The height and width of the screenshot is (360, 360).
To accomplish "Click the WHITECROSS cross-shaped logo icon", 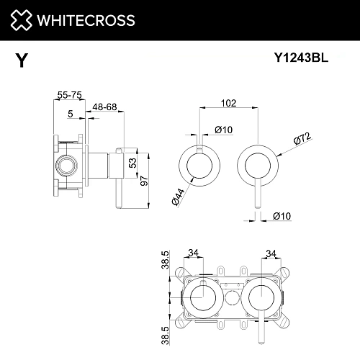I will pyautogui.click(x=20, y=19).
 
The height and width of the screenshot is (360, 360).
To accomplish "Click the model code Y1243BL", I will pyautogui.click(x=303, y=60).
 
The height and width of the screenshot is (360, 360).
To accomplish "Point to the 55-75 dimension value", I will pyautogui.click(x=68, y=94).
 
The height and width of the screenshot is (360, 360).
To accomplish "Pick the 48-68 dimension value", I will pyautogui.click(x=105, y=107).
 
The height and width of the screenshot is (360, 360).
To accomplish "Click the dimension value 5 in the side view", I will pyautogui.click(x=70, y=113).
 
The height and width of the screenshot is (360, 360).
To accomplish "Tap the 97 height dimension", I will pyautogui.click(x=144, y=180).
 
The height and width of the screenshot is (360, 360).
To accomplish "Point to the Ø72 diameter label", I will pyautogui.click(x=301, y=137).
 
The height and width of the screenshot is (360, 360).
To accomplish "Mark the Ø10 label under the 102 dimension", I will pyautogui.click(x=222, y=130).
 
